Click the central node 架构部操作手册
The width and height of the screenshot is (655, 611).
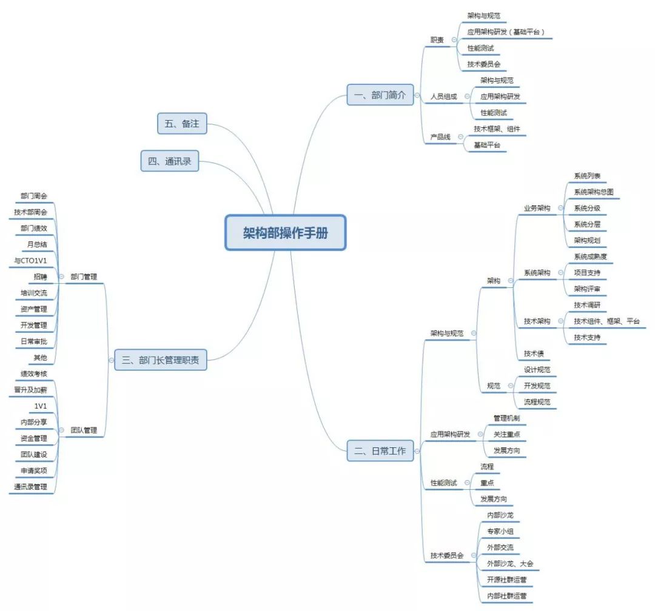tap(285, 233)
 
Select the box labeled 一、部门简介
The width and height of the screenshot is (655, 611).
tap(380, 95)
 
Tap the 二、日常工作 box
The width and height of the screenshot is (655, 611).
tap(380, 450)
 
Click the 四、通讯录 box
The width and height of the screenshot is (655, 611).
tap(169, 162)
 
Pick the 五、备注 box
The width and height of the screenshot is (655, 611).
tap(181, 124)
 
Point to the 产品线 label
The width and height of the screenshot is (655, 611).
tap(440, 138)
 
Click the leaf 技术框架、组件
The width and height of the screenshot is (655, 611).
tap(497, 129)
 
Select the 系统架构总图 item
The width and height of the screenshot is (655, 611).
tap(597, 192)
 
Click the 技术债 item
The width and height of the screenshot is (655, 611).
tap(534, 353)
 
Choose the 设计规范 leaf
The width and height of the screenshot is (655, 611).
tap(537, 370)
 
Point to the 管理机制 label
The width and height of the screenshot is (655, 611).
tap(506, 418)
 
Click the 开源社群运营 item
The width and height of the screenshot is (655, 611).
tap(506, 580)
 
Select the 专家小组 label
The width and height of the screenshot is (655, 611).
tap(500, 532)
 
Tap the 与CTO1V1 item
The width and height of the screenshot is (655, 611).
tap(30, 261)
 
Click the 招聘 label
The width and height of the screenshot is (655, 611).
tap(40, 276)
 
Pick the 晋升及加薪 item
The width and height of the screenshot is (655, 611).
tap(30, 390)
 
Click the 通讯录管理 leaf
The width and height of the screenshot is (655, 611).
tap(30, 487)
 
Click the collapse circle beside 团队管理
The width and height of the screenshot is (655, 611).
tap(62, 431)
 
